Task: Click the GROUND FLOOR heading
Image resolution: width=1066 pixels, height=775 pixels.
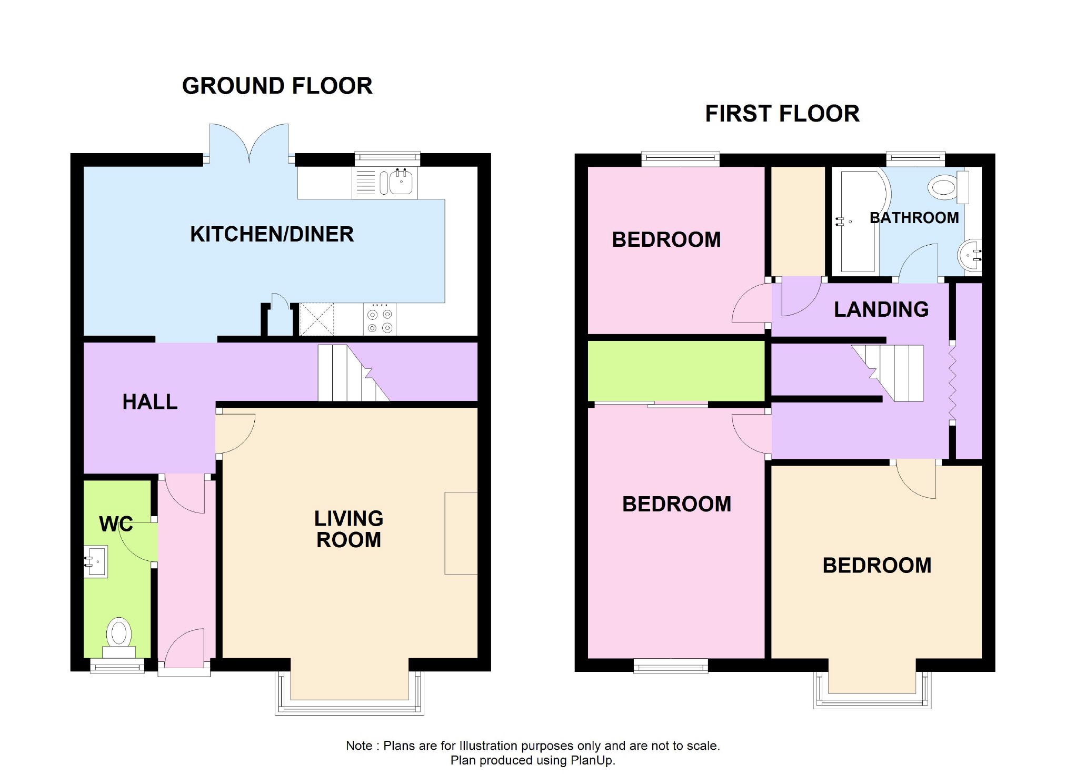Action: pos(277,86)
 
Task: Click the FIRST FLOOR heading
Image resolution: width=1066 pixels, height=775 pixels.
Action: pos(782,114)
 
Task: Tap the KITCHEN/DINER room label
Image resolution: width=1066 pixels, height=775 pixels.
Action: pos(272,234)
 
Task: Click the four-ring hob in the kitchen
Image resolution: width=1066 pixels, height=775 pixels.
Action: pos(380,319)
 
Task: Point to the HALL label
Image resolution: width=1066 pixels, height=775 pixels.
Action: pos(150,402)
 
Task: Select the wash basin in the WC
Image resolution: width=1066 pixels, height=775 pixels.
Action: pos(96,562)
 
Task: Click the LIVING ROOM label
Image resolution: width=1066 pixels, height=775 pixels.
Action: pos(348,529)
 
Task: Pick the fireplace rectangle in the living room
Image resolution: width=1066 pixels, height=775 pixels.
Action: pos(461,533)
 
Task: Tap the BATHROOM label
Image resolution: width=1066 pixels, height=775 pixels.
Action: pos(914,218)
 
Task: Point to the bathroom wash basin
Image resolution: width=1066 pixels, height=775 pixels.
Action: pos(969,256)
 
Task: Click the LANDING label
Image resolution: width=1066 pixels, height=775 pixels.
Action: pos(881,309)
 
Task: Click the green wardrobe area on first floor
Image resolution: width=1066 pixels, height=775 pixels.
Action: pos(676,370)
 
